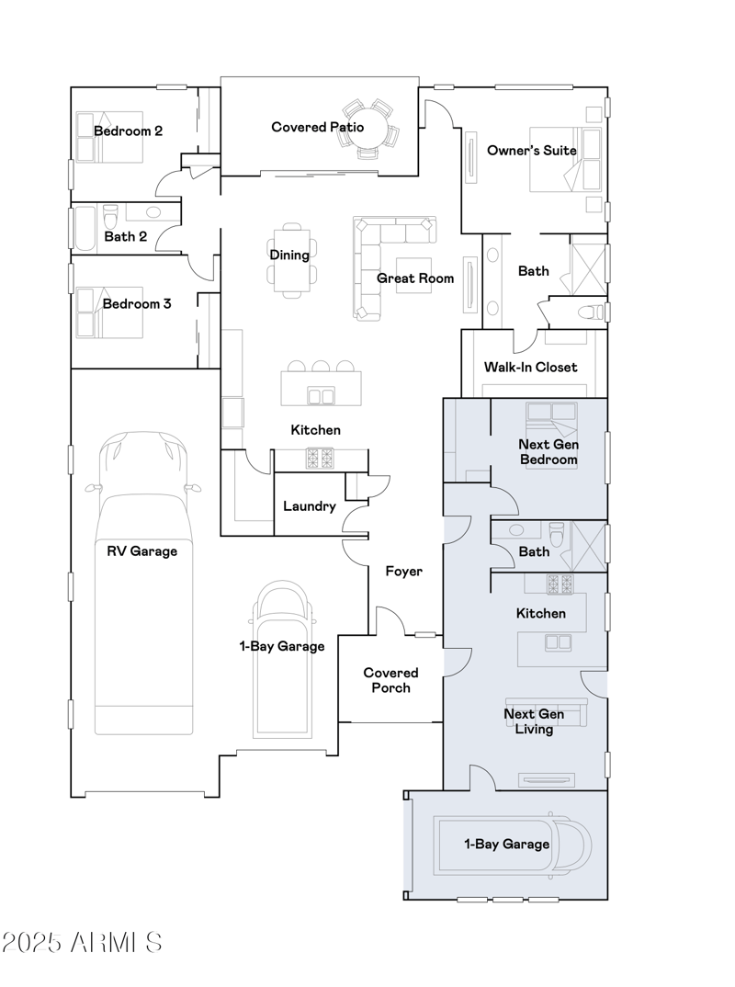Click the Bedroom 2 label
(128, 131)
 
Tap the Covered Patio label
(317, 127)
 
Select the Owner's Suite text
(531, 150)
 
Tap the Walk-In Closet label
(530, 367)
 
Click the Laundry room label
(309, 506)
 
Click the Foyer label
(403, 572)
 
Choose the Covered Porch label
(390, 680)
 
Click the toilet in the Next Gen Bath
(557, 533)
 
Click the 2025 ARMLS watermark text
(82, 942)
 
